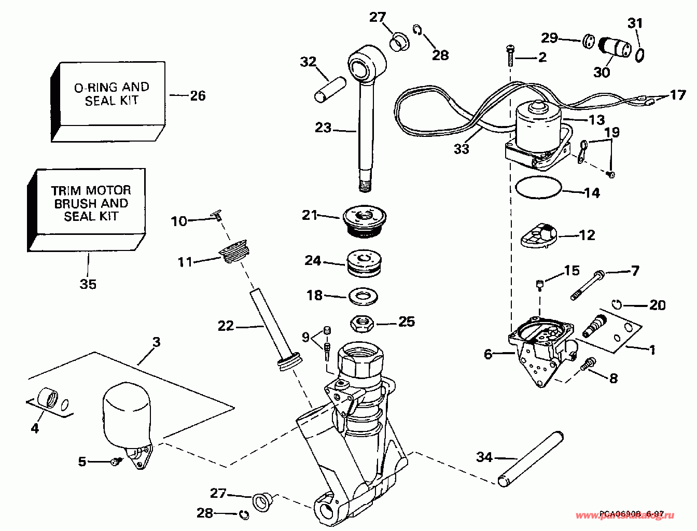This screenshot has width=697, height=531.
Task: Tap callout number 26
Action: pos(198,95)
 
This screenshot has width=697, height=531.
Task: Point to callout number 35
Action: pos(88,284)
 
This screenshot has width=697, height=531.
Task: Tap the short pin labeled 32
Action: pos(330,89)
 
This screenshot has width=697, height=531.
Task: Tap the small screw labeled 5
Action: pos(116,460)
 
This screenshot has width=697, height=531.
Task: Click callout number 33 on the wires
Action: pos(461,148)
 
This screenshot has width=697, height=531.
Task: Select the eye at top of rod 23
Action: pos(367,65)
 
